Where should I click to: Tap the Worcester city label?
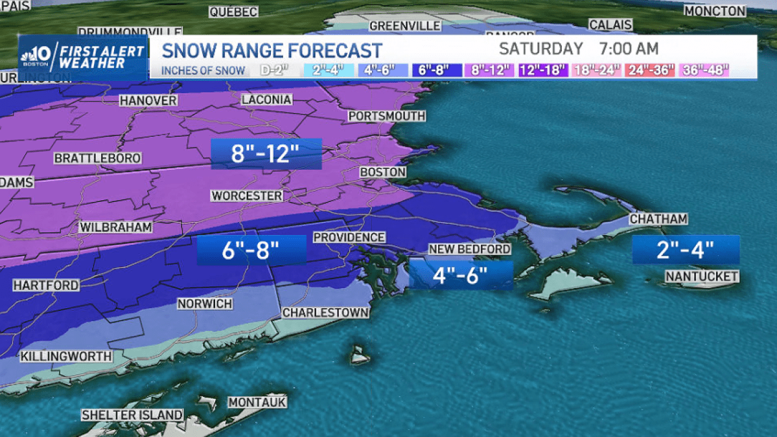tap(247, 196)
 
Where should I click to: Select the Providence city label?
tap(349, 238)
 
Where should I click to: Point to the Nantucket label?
tap(702, 277)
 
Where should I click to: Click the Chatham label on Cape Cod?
tap(658, 219)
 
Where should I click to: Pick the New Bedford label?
tap(470, 249)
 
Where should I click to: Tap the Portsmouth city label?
tap(387, 116)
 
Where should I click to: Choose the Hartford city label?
tap(46, 286)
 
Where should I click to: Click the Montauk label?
tap(257, 402)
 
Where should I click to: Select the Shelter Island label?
tap(132, 415)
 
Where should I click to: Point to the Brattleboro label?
tap(97, 158)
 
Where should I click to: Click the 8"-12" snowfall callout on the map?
tap(266, 154)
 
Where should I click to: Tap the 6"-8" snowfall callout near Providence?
tap(251, 251)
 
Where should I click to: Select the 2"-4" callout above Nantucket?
tap(686, 250)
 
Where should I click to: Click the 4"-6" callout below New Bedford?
tap(461, 275)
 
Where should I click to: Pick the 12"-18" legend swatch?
tap(543, 71)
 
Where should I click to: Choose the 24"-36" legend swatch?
tap(650, 71)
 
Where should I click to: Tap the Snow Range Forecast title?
tap(272, 50)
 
